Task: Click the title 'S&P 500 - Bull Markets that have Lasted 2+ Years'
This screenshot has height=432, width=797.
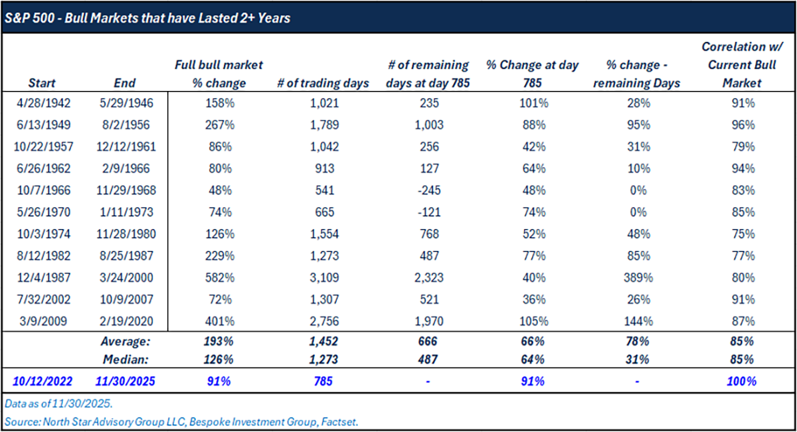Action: point(147,18)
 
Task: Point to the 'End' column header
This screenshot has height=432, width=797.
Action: point(124,83)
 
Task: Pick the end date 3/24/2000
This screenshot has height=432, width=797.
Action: point(124,278)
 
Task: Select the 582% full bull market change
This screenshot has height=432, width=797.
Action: point(219,278)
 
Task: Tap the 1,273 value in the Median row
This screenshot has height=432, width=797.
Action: point(324,360)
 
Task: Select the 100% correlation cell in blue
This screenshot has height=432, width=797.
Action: point(741,382)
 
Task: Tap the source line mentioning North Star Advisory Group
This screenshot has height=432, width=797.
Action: point(180,421)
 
